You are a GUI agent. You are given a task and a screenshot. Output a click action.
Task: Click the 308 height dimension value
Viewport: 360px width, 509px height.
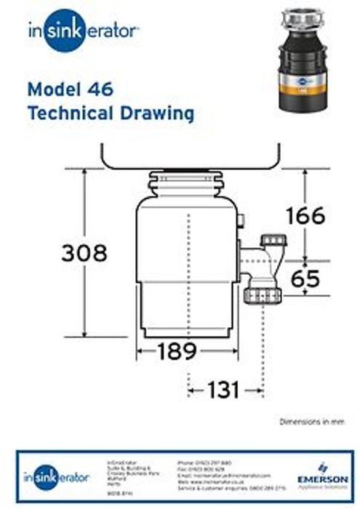(x=84, y=253)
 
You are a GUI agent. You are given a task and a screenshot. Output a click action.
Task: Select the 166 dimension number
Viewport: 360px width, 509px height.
(x=305, y=215)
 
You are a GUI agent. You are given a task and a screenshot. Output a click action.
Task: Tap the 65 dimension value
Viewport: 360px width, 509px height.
(x=305, y=278)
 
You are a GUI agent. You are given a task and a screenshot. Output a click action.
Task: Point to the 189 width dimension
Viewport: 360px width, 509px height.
(x=177, y=351)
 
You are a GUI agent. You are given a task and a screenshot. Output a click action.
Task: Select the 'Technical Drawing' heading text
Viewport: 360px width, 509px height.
(x=111, y=114)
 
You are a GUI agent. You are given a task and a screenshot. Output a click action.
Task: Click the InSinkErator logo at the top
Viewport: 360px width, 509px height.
(x=83, y=30)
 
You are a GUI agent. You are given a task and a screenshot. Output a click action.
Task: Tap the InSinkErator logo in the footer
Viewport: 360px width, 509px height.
(x=56, y=477)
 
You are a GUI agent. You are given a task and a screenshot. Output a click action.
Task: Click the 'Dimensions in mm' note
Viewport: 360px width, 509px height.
(x=310, y=422)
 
